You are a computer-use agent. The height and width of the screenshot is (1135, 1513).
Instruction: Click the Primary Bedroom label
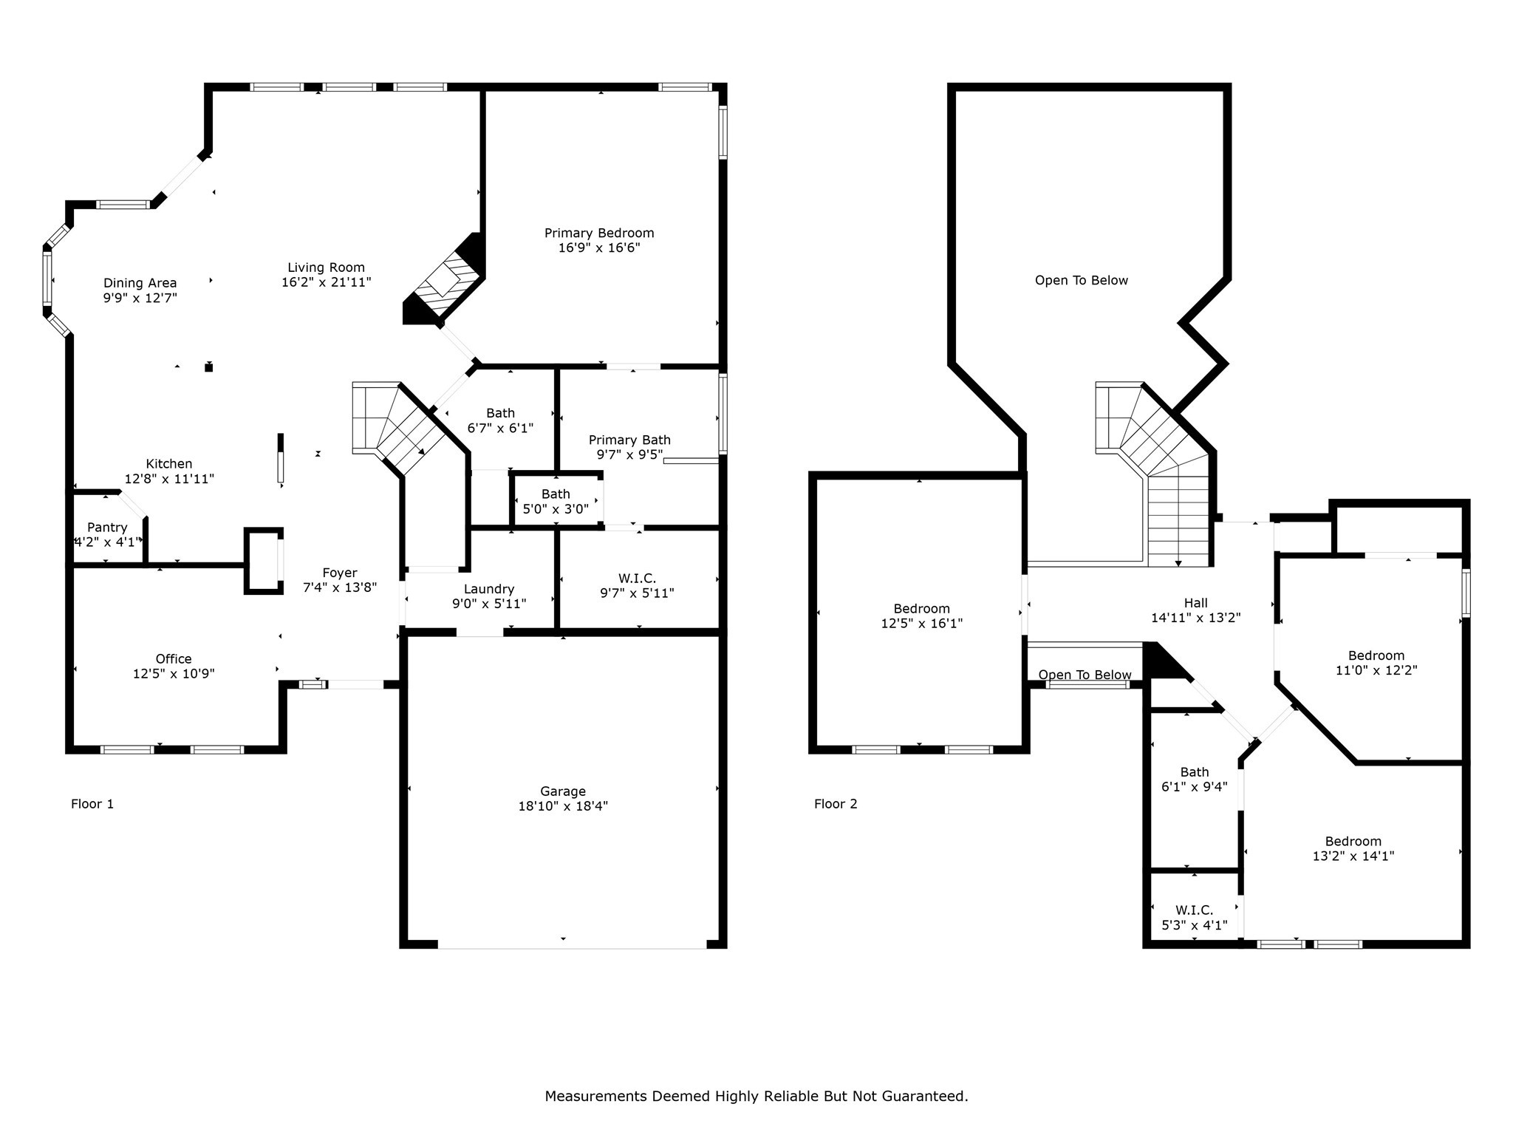coord(599,233)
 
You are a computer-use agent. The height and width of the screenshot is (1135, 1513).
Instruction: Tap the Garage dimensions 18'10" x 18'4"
coord(563,806)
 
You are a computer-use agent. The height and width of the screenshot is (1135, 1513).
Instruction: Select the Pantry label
coord(107,528)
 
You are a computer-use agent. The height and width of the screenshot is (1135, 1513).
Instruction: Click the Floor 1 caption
coord(92,804)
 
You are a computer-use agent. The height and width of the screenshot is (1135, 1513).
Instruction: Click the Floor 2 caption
coord(836,804)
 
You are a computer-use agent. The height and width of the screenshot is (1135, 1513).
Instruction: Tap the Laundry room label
coord(489,589)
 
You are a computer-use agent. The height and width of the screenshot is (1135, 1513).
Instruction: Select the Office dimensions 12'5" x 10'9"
coord(174,674)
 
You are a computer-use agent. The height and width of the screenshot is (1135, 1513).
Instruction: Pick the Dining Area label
coord(140,283)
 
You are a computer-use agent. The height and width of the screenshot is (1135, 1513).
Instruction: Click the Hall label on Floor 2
coord(1195,603)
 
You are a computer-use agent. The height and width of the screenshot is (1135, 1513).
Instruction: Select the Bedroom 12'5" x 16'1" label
coord(921,609)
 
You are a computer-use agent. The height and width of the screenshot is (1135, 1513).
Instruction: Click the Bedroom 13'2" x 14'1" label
coord(1353,842)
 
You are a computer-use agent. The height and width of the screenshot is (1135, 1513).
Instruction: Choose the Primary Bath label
coord(629,440)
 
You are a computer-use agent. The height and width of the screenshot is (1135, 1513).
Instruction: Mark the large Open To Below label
coord(1081,281)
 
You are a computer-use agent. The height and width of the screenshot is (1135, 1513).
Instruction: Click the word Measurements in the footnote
coord(595,1097)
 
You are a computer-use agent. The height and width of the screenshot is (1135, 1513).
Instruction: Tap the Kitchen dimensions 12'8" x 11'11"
coord(169,479)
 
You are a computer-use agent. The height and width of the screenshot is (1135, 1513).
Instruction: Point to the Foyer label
coord(340,573)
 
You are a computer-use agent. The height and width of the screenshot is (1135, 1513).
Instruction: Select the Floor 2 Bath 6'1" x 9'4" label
coord(1195,772)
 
